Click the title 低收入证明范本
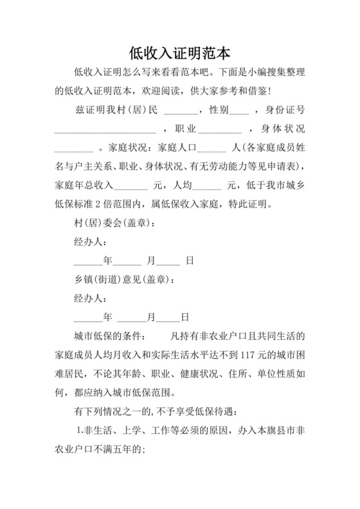179,51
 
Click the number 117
247,355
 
